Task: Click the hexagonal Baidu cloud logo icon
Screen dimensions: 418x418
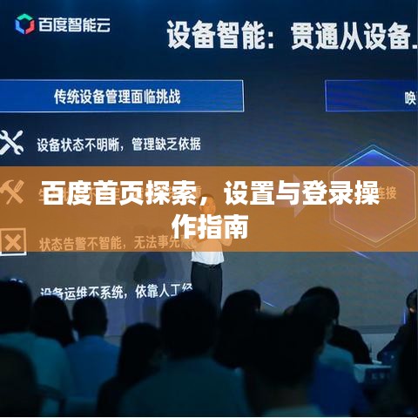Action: (24, 25)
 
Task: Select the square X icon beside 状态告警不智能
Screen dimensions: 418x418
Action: (10, 240)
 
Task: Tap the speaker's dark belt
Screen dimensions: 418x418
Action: (207, 264)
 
